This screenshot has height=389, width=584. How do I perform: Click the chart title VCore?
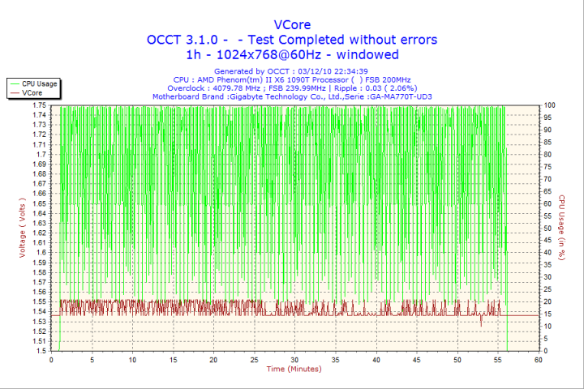pyautogui.click(x=292, y=24)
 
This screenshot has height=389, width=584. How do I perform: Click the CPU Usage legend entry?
pyautogui.click(x=39, y=83)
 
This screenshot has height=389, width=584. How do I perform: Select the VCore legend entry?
pyautogui.click(x=32, y=93)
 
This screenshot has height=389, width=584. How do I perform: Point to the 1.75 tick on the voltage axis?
pyautogui.click(x=39, y=105)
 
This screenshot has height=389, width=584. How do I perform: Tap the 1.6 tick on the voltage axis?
pyautogui.click(x=41, y=253)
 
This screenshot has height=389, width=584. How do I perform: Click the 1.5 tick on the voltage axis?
pyautogui.click(x=41, y=351)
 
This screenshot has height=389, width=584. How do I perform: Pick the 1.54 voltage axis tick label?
pyautogui.click(x=39, y=312)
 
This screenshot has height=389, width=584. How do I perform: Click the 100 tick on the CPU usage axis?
pyautogui.click(x=550, y=105)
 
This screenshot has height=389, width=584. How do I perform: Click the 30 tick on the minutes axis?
pyautogui.click(x=294, y=360)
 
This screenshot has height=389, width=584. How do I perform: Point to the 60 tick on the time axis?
pyautogui.click(x=538, y=360)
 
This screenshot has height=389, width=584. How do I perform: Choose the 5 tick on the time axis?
pyautogui.click(x=92, y=360)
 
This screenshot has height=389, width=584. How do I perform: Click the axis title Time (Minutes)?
pyautogui.click(x=294, y=370)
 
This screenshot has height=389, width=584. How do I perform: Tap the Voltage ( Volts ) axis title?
pyautogui.click(x=22, y=229)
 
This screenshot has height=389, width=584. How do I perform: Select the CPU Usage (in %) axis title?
pyautogui.click(x=560, y=229)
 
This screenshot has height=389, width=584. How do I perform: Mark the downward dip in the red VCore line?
pyautogui.click(x=481, y=323)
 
